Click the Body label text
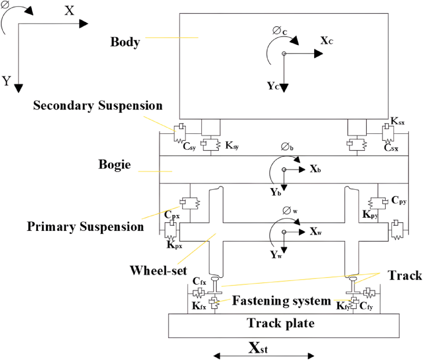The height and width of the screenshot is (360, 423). pyautogui.click(x=125, y=42)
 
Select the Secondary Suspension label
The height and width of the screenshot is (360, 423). pyautogui.click(x=98, y=106)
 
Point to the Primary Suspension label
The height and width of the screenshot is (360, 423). pyautogui.click(x=85, y=226)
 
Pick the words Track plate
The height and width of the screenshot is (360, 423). pyautogui.click(x=281, y=322)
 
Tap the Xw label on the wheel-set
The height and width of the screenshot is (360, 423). pyautogui.click(x=316, y=231)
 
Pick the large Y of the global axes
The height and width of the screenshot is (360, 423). pyautogui.click(x=7, y=81)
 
